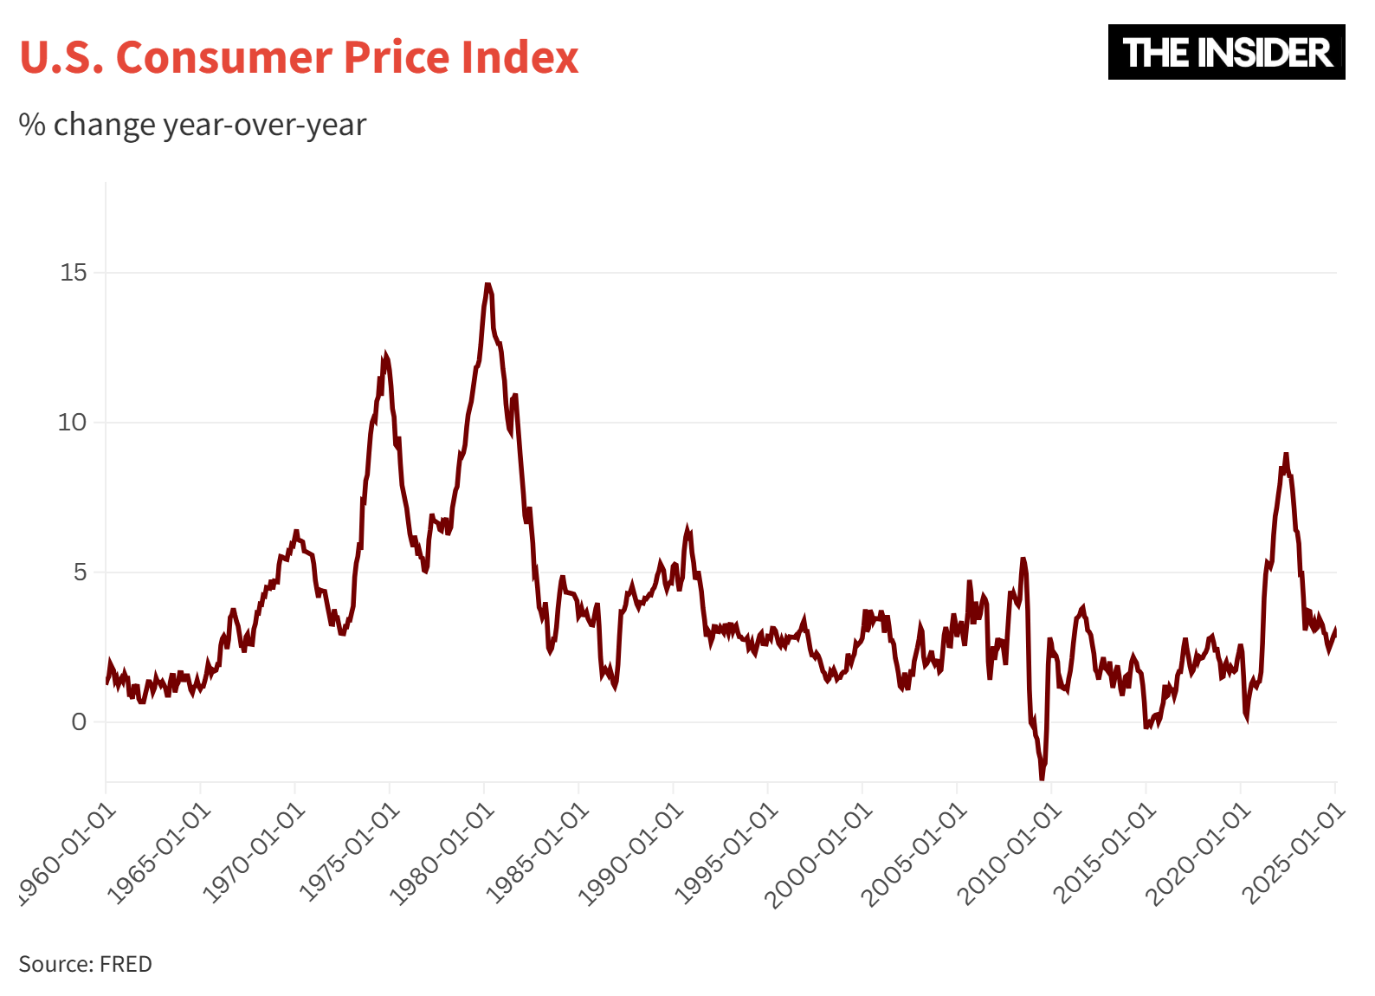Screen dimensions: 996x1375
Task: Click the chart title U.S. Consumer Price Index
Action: click(x=299, y=57)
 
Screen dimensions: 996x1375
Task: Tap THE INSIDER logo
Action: click(x=1226, y=52)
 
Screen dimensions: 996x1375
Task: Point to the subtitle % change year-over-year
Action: click(x=192, y=125)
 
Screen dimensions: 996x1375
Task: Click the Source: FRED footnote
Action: click(x=85, y=964)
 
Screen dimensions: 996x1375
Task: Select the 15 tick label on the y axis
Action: click(x=74, y=273)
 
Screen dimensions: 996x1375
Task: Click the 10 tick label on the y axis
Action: click(x=74, y=423)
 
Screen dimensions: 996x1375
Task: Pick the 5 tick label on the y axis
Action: click(x=79, y=572)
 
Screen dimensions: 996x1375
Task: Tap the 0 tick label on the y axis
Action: click(x=79, y=722)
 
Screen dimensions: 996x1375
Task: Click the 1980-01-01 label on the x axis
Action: click(x=442, y=852)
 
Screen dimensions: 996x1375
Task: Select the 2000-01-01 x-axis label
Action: click(x=820, y=852)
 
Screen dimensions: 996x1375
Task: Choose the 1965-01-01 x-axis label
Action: click(x=158, y=852)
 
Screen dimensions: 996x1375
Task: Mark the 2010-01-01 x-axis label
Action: click(x=1010, y=852)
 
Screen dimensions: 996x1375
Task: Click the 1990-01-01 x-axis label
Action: click(x=631, y=852)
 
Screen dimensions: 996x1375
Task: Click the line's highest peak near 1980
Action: click(x=487, y=284)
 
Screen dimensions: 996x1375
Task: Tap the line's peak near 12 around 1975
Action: click(x=385, y=354)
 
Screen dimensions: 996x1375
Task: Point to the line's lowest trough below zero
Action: click(x=1042, y=779)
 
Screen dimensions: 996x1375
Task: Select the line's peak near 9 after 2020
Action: click(x=1286, y=454)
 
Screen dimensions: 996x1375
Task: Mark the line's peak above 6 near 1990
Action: click(x=687, y=527)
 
